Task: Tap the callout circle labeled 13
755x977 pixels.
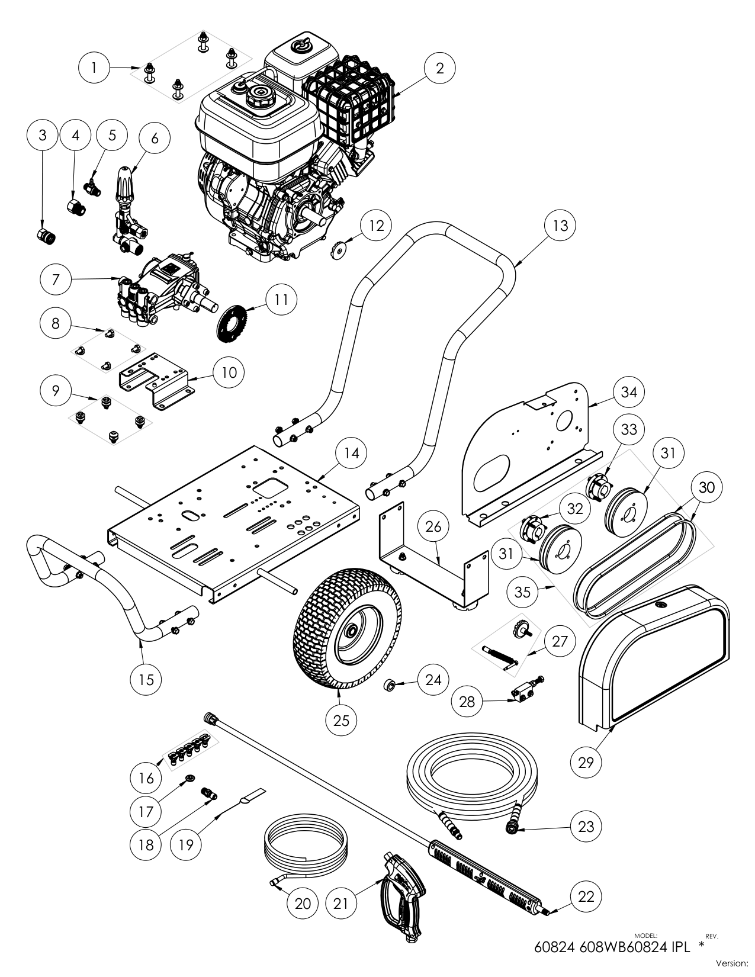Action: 560,225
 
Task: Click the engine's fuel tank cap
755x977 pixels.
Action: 259,93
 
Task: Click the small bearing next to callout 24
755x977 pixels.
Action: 389,686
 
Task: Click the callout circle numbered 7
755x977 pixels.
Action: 56,279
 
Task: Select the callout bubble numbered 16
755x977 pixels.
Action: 146,778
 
